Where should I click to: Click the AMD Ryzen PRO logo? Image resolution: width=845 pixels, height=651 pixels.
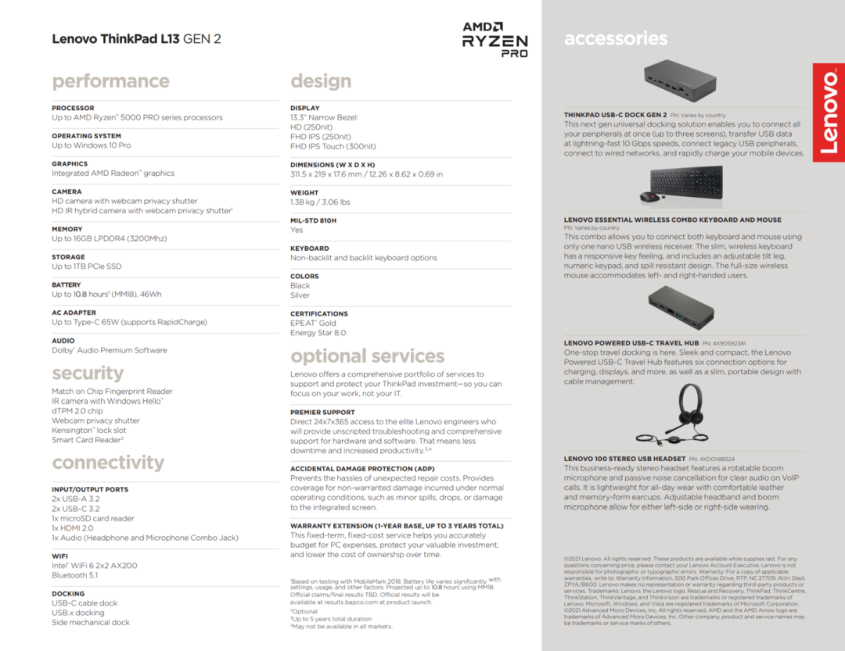[x=494, y=39]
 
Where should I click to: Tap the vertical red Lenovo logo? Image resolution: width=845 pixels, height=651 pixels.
[x=829, y=113]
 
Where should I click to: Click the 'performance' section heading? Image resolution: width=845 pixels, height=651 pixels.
[x=110, y=81]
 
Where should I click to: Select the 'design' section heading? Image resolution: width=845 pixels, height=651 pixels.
[x=321, y=81]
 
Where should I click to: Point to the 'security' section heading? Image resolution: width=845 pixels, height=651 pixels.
[x=88, y=373]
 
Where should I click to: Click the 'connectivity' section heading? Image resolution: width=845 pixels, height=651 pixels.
[x=108, y=463]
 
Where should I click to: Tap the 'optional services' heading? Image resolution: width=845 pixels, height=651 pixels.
[x=367, y=356]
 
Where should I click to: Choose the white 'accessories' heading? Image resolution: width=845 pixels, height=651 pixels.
[x=616, y=38]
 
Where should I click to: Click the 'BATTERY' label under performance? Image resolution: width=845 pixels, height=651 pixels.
[x=67, y=285]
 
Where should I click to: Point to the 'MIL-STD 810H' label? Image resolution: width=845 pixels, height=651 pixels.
[x=313, y=220]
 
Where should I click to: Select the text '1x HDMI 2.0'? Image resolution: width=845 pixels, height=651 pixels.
[x=72, y=528]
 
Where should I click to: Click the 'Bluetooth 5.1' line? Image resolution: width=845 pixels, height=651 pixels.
[x=75, y=575]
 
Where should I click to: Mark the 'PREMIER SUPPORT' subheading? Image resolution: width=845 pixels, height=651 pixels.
[x=322, y=412]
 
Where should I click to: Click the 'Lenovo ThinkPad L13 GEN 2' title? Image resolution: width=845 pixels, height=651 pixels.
[x=136, y=38]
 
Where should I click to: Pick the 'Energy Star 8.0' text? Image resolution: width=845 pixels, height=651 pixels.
[x=318, y=333]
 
